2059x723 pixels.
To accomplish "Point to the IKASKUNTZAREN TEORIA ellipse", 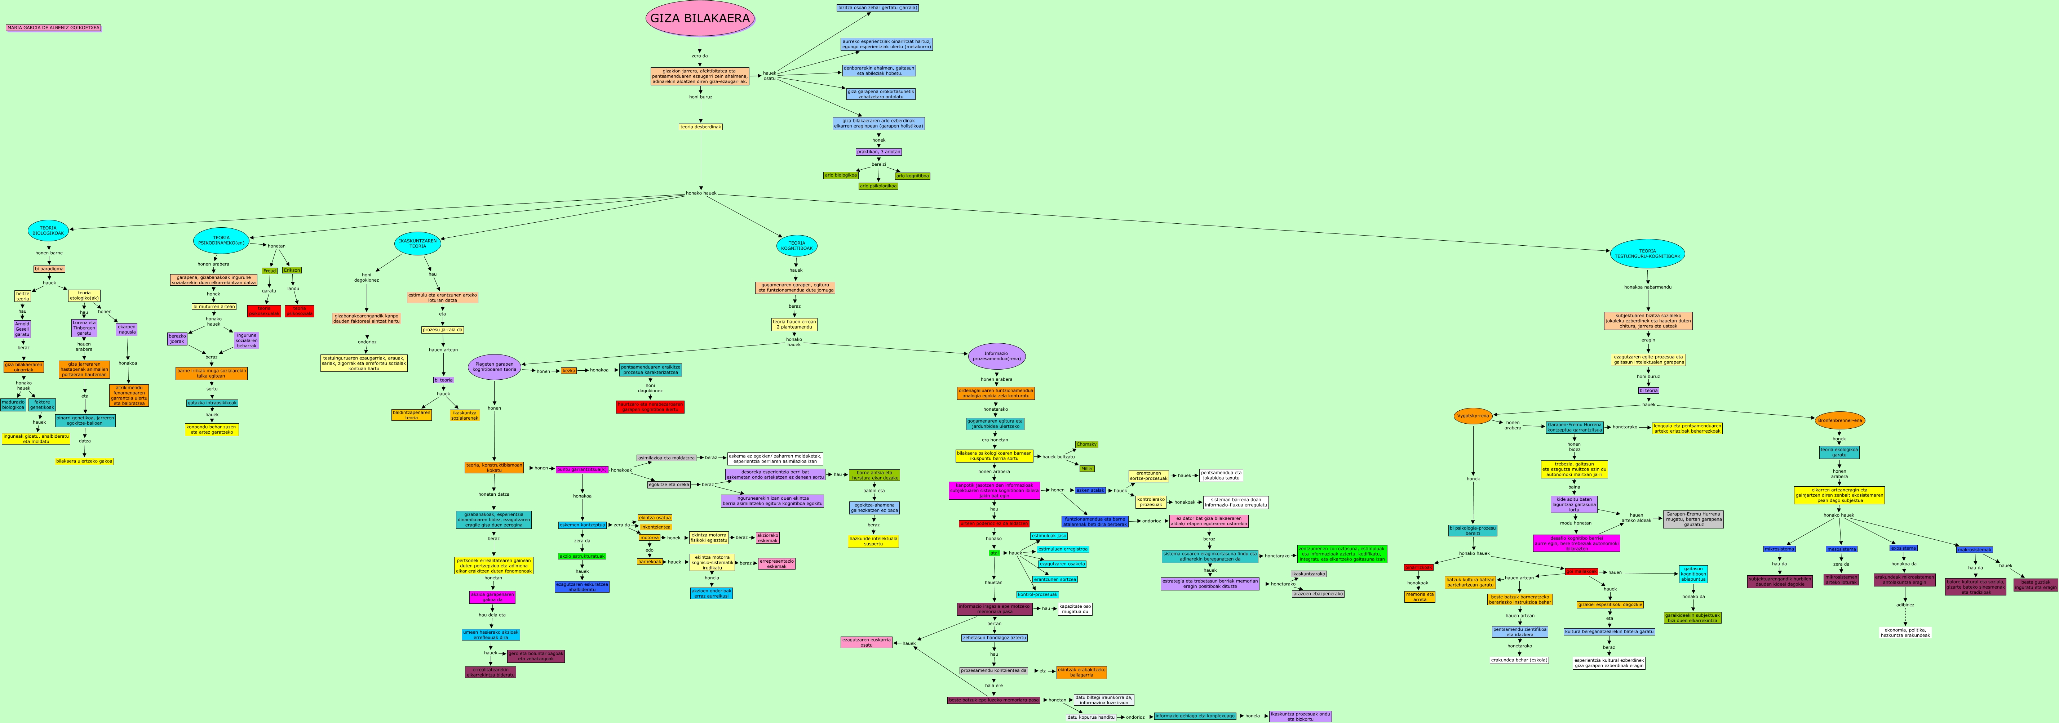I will point(418,244).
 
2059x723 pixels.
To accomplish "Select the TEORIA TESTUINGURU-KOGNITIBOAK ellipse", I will point(1647,253).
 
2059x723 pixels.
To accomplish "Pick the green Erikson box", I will point(292,270).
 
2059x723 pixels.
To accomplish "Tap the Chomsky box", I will point(1086,444).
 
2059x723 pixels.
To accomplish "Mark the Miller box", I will point(1086,468).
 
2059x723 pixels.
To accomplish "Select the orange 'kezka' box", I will point(568,371).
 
